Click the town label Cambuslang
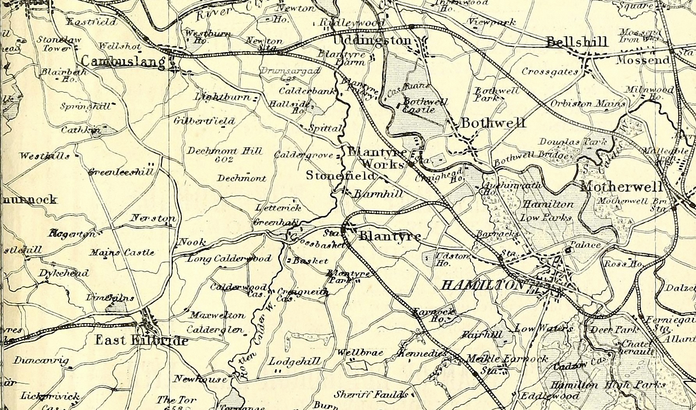point(123,62)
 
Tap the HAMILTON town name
point(483,286)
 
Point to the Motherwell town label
point(621,187)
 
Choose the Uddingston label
point(373,41)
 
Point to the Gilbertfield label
point(204,121)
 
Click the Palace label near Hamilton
point(585,245)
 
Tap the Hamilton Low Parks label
point(548,210)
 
